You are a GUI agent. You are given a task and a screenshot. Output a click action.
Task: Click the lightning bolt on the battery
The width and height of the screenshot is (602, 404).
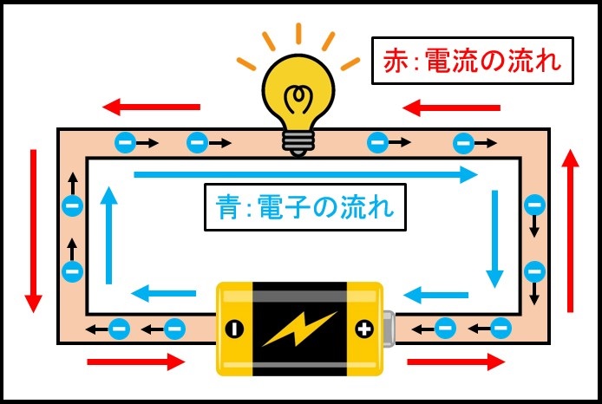click(298, 329)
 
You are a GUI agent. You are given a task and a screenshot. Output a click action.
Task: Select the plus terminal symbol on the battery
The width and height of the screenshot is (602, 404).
click(363, 329)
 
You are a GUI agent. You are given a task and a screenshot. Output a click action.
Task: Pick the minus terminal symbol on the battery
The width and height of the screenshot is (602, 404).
click(233, 329)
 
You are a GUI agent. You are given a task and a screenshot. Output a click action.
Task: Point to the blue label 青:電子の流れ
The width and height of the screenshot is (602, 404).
click(304, 207)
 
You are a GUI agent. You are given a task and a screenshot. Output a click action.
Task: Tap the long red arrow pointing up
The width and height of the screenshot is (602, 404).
click(569, 230)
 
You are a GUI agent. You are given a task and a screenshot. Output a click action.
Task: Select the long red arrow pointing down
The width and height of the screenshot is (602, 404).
click(34, 231)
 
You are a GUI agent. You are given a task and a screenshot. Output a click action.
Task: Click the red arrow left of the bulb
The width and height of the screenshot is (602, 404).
click(151, 108)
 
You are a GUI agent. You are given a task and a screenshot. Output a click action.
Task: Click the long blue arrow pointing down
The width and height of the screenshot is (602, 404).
click(494, 238)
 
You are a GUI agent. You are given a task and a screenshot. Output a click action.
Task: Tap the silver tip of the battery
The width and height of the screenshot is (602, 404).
click(391, 329)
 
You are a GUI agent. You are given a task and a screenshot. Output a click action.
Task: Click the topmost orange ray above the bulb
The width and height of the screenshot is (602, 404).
click(298, 32)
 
